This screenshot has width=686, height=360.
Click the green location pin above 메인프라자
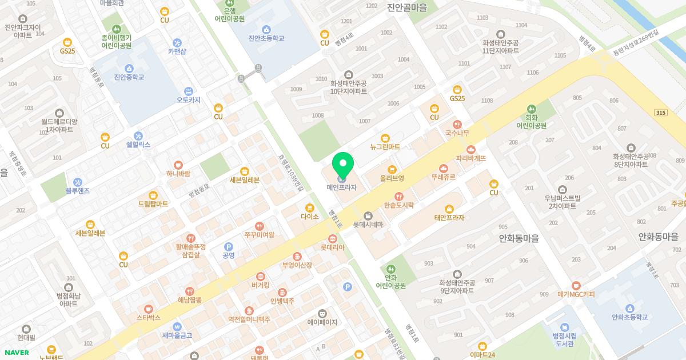[x=342, y=165]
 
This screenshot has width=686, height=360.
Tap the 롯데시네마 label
[x=368, y=225]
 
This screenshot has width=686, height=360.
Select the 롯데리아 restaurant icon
[x=333, y=238]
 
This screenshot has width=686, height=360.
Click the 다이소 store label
[x=309, y=217]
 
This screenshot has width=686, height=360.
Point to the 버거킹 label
[x=260, y=285]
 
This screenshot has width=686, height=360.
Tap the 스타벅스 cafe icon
[x=149, y=309]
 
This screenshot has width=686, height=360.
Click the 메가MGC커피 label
[x=576, y=294]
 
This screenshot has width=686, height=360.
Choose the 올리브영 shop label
[x=392, y=178]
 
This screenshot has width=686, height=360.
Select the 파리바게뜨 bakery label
[x=470, y=158]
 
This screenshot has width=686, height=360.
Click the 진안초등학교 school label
[x=266, y=38]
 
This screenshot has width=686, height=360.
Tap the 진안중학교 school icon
[x=129, y=68]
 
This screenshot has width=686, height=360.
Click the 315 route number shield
[x=661, y=113]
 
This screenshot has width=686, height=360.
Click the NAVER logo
[x=16, y=352]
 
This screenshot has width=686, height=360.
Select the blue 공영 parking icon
[x=228, y=246]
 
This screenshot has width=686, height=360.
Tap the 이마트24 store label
[x=482, y=355]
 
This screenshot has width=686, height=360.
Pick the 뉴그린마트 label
[x=385, y=147]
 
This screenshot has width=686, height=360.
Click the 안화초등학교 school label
[x=629, y=317]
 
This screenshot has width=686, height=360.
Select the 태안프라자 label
[x=449, y=218]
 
